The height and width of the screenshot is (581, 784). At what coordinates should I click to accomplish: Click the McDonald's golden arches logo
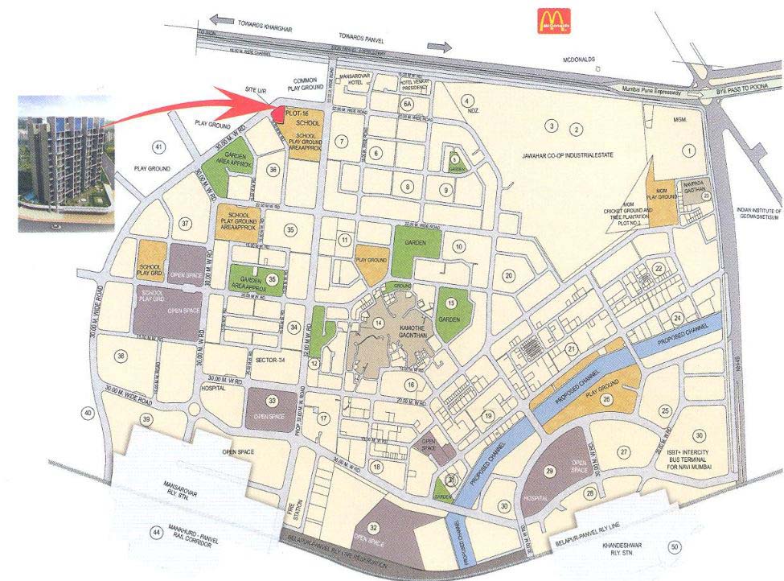(555, 19)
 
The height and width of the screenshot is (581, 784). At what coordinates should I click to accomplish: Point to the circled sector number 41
(158, 146)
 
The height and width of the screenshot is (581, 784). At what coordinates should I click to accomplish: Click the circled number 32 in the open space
(374, 527)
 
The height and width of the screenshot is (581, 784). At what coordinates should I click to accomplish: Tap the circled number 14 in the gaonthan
(377, 323)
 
